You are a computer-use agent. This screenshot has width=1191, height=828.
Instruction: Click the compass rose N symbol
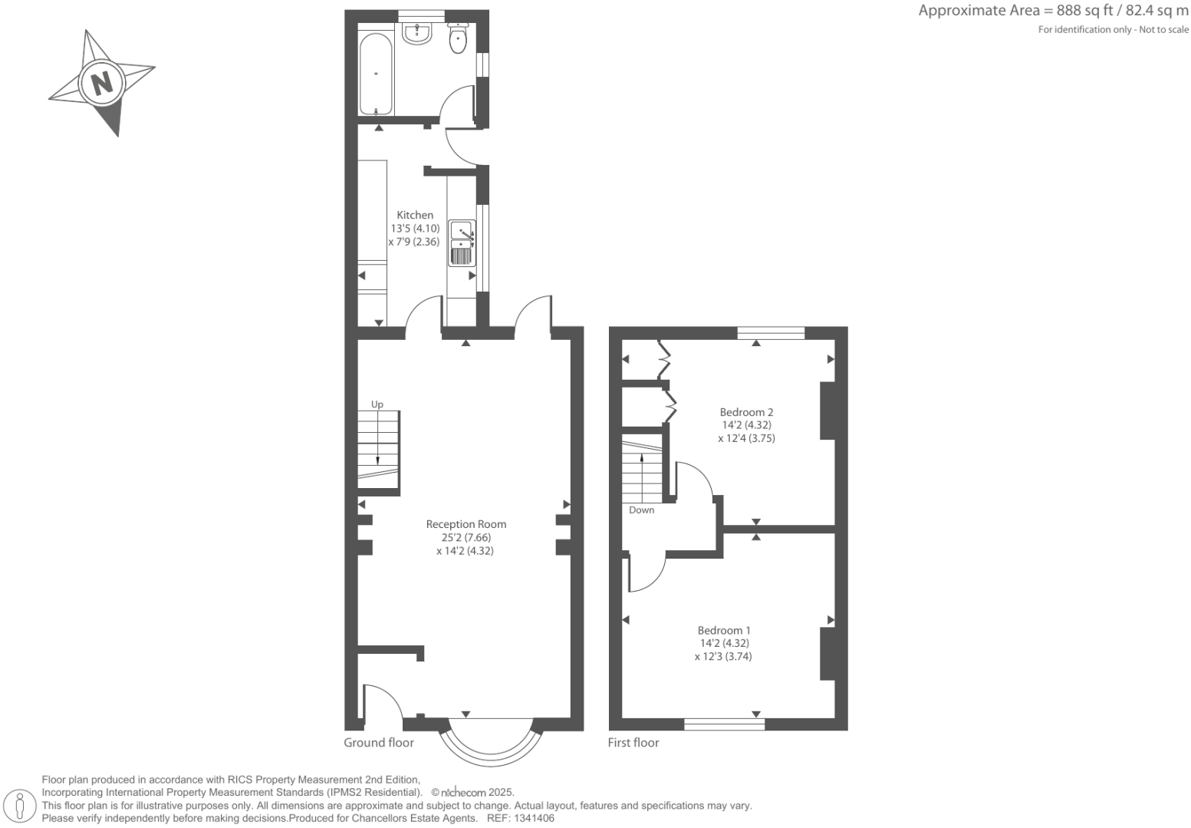pos(102,82)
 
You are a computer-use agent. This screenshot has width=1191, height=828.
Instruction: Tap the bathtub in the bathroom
pos(376,74)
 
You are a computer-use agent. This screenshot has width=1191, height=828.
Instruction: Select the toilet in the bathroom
pos(458,39)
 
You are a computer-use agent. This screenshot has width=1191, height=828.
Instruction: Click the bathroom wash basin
pos(417,33)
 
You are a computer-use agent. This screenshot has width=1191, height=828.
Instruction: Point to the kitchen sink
pos(462,242)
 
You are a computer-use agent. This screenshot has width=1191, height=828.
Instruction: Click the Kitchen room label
pos(415,216)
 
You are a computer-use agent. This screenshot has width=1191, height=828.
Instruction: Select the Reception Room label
pos(466,525)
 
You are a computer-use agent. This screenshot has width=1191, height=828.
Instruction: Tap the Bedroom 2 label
pos(746,412)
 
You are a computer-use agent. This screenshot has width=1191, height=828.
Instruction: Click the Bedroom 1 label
pos(724,630)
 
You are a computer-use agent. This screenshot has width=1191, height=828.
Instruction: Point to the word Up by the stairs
pos(377,404)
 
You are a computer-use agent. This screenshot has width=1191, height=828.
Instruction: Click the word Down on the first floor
pos(641,510)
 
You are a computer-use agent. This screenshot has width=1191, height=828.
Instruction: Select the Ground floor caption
pos(379,743)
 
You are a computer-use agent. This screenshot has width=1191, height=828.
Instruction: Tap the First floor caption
pos(633,743)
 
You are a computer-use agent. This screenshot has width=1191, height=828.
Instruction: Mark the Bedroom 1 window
pos(724,724)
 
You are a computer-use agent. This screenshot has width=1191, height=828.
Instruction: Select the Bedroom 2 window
pos(771,333)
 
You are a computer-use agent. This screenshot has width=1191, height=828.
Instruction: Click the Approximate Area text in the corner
pos(1053,11)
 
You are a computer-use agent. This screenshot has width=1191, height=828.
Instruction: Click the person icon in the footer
pos(21,807)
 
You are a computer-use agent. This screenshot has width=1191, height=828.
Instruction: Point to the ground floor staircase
pos(378,450)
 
